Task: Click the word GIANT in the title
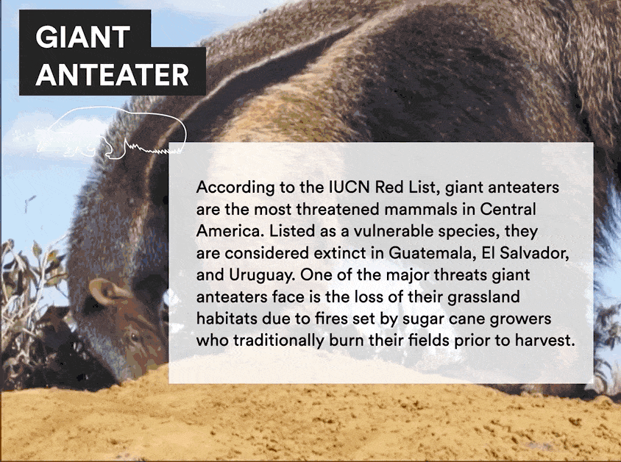(83, 37)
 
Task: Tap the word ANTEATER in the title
(112, 75)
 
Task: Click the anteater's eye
(135, 337)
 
